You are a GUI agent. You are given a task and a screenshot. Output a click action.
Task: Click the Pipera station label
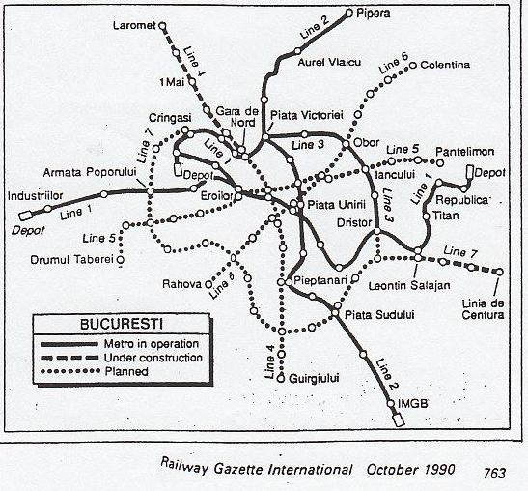[375, 14]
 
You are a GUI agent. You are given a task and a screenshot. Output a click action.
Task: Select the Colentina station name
[445, 65]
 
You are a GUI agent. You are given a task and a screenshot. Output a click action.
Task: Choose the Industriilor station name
[35, 194]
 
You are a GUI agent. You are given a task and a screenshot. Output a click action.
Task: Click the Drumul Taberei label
[72, 259]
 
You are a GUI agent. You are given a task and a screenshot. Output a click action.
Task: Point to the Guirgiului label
[316, 380]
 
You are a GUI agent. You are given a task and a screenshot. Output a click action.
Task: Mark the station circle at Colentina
[412, 66]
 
